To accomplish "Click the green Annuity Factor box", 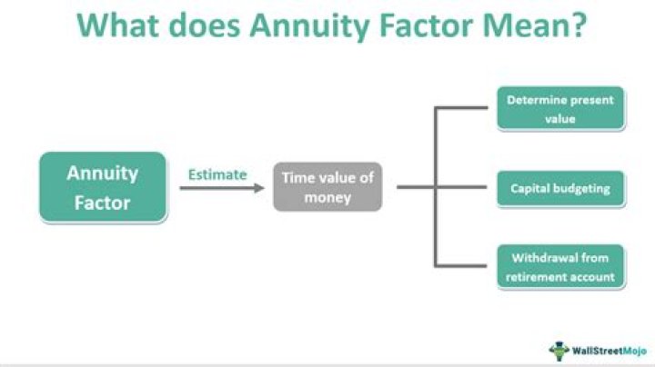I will (x=103, y=187).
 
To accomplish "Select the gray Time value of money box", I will (x=327, y=187).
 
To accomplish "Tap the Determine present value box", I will (x=560, y=108).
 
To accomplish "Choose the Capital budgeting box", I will (x=560, y=189).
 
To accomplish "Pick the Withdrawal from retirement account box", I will (x=560, y=266).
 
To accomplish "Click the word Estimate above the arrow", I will (x=217, y=174).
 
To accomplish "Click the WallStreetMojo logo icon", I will (x=559, y=349).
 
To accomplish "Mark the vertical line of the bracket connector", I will (x=435, y=187).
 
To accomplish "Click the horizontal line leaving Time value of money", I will (x=415, y=188).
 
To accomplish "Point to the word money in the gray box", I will (x=327, y=197).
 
